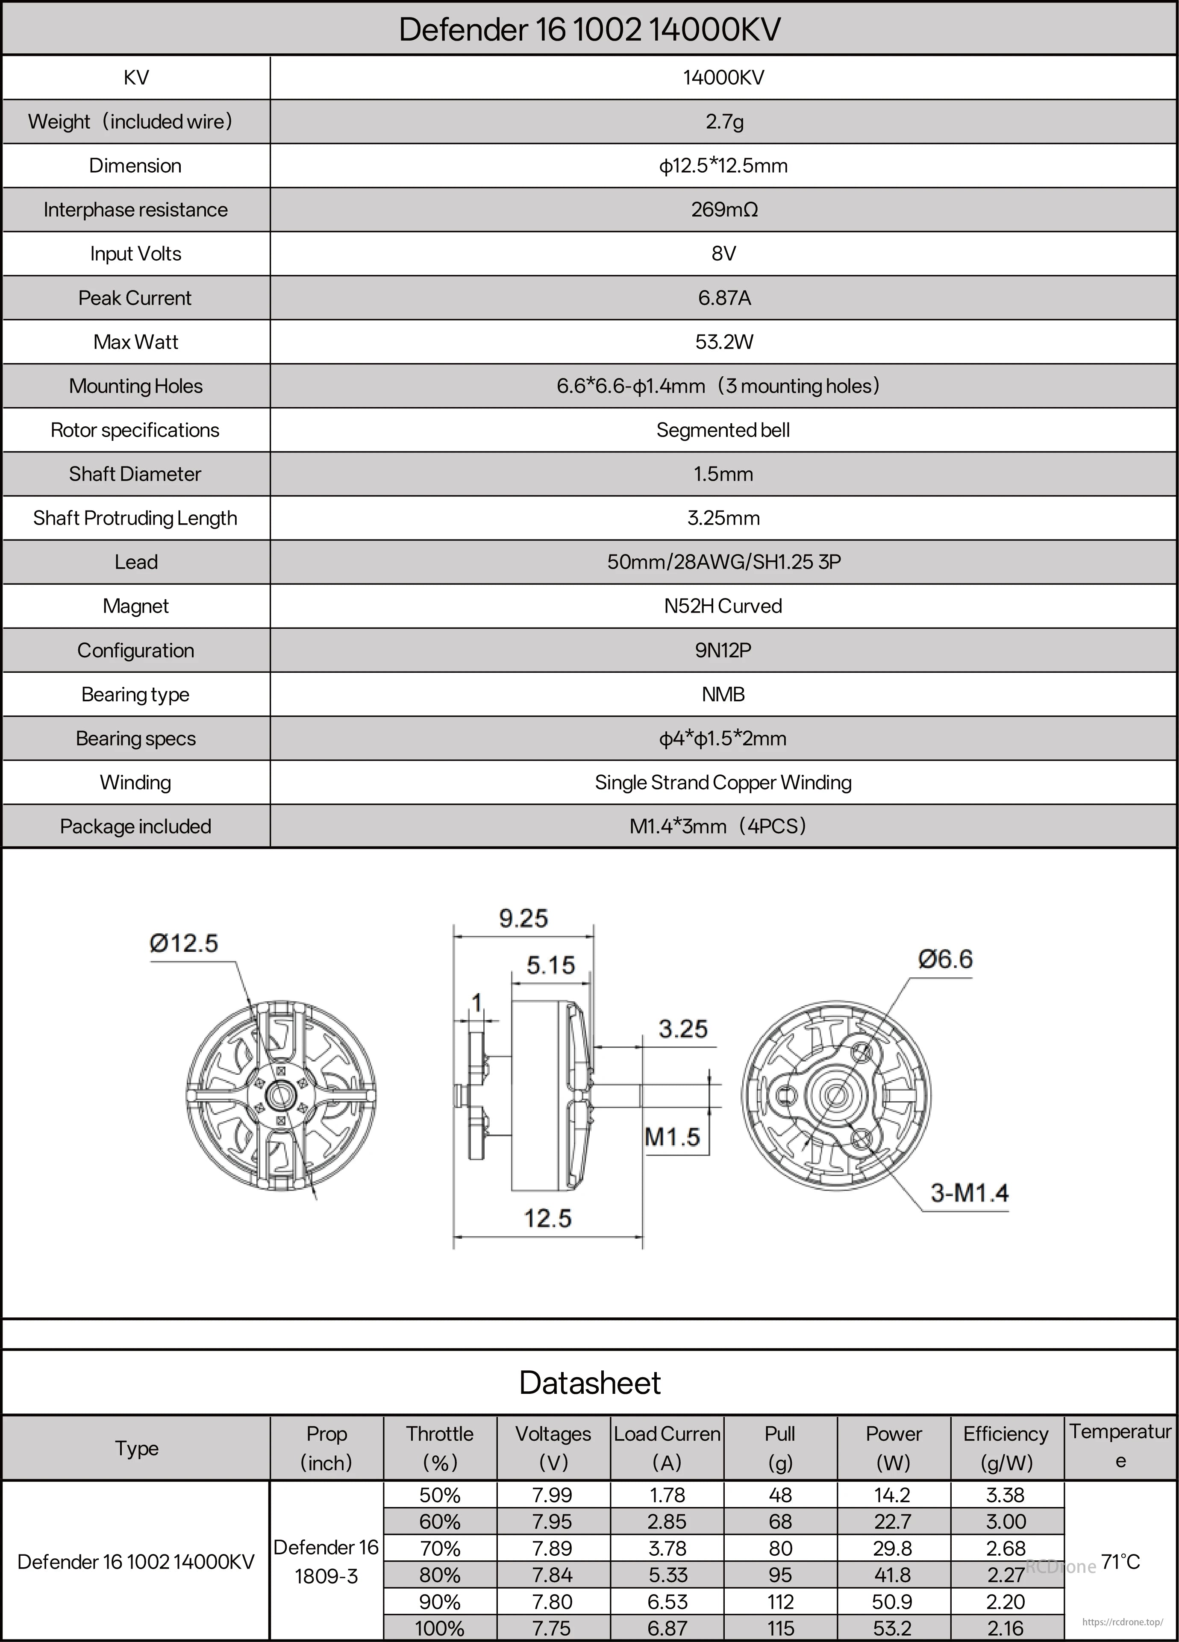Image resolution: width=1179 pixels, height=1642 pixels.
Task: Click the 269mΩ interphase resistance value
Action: [x=723, y=210]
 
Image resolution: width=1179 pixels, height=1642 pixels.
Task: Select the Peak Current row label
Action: [x=135, y=298]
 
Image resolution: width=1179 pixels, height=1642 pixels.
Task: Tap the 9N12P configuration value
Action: [x=723, y=650]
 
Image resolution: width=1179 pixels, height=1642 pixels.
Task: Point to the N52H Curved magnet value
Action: [x=723, y=606]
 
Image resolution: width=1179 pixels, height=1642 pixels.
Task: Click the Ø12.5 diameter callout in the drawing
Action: [x=184, y=943]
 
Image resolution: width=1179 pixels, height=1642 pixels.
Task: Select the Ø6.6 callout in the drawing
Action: [x=945, y=959]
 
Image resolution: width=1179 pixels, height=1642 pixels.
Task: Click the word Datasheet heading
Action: [x=590, y=1382]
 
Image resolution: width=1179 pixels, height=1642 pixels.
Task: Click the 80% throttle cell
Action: [x=440, y=1575]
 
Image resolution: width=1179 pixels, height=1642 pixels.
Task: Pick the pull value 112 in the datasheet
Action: [x=780, y=1601]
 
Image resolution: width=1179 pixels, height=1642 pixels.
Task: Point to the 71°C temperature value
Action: [x=1120, y=1562]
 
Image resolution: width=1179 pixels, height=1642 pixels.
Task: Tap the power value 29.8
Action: [x=893, y=1548]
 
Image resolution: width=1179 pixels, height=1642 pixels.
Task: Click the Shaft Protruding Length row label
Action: [x=135, y=519]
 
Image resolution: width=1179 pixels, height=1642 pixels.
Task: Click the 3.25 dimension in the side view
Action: [x=682, y=1029]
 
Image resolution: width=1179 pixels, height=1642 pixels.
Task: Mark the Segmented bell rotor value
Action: [x=723, y=430]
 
